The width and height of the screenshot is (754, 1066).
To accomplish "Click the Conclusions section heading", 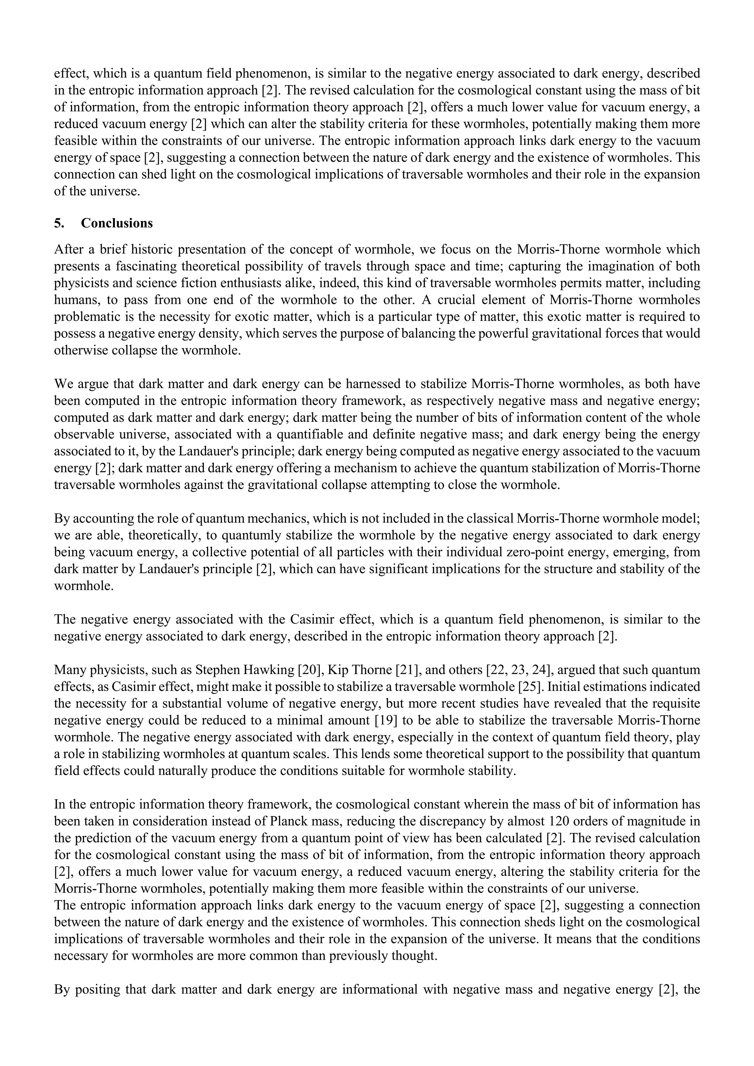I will point(117,223).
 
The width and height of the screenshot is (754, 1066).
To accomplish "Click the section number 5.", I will point(59,223).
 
